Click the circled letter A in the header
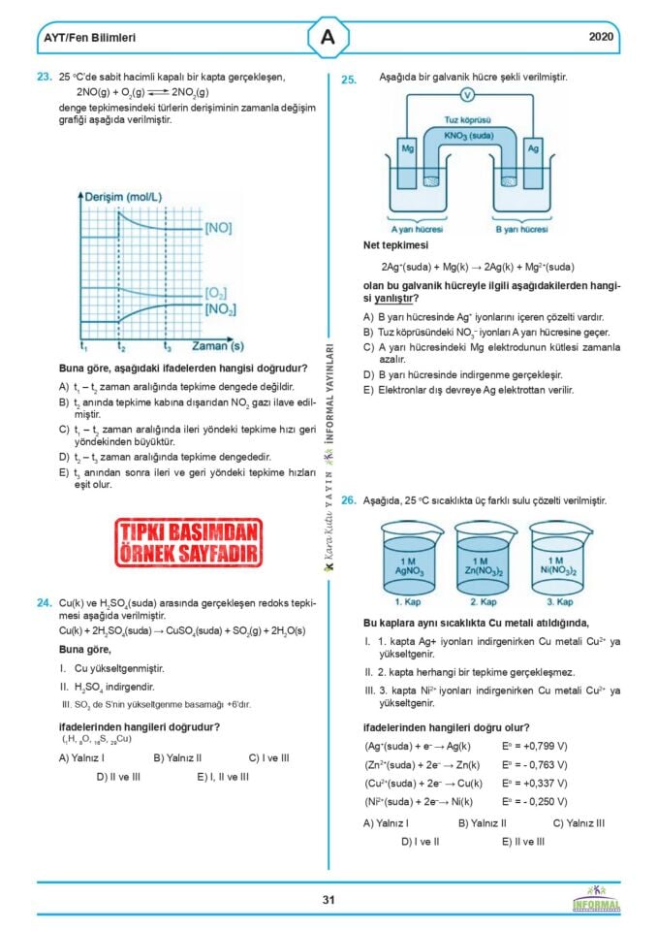click(x=328, y=38)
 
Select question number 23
click(x=44, y=76)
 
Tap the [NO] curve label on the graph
click(x=218, y=229)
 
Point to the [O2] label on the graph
click(x=216, y=292)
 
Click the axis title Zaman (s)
click(x=216, y=345)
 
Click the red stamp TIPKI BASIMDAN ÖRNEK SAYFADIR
click(x=189, y=541)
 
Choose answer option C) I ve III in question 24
click(x=268, y=757)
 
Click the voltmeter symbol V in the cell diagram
click(x=467, y=95)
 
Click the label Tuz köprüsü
click(x=468, y=123)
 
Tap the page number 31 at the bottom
click(x=328, y=899)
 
